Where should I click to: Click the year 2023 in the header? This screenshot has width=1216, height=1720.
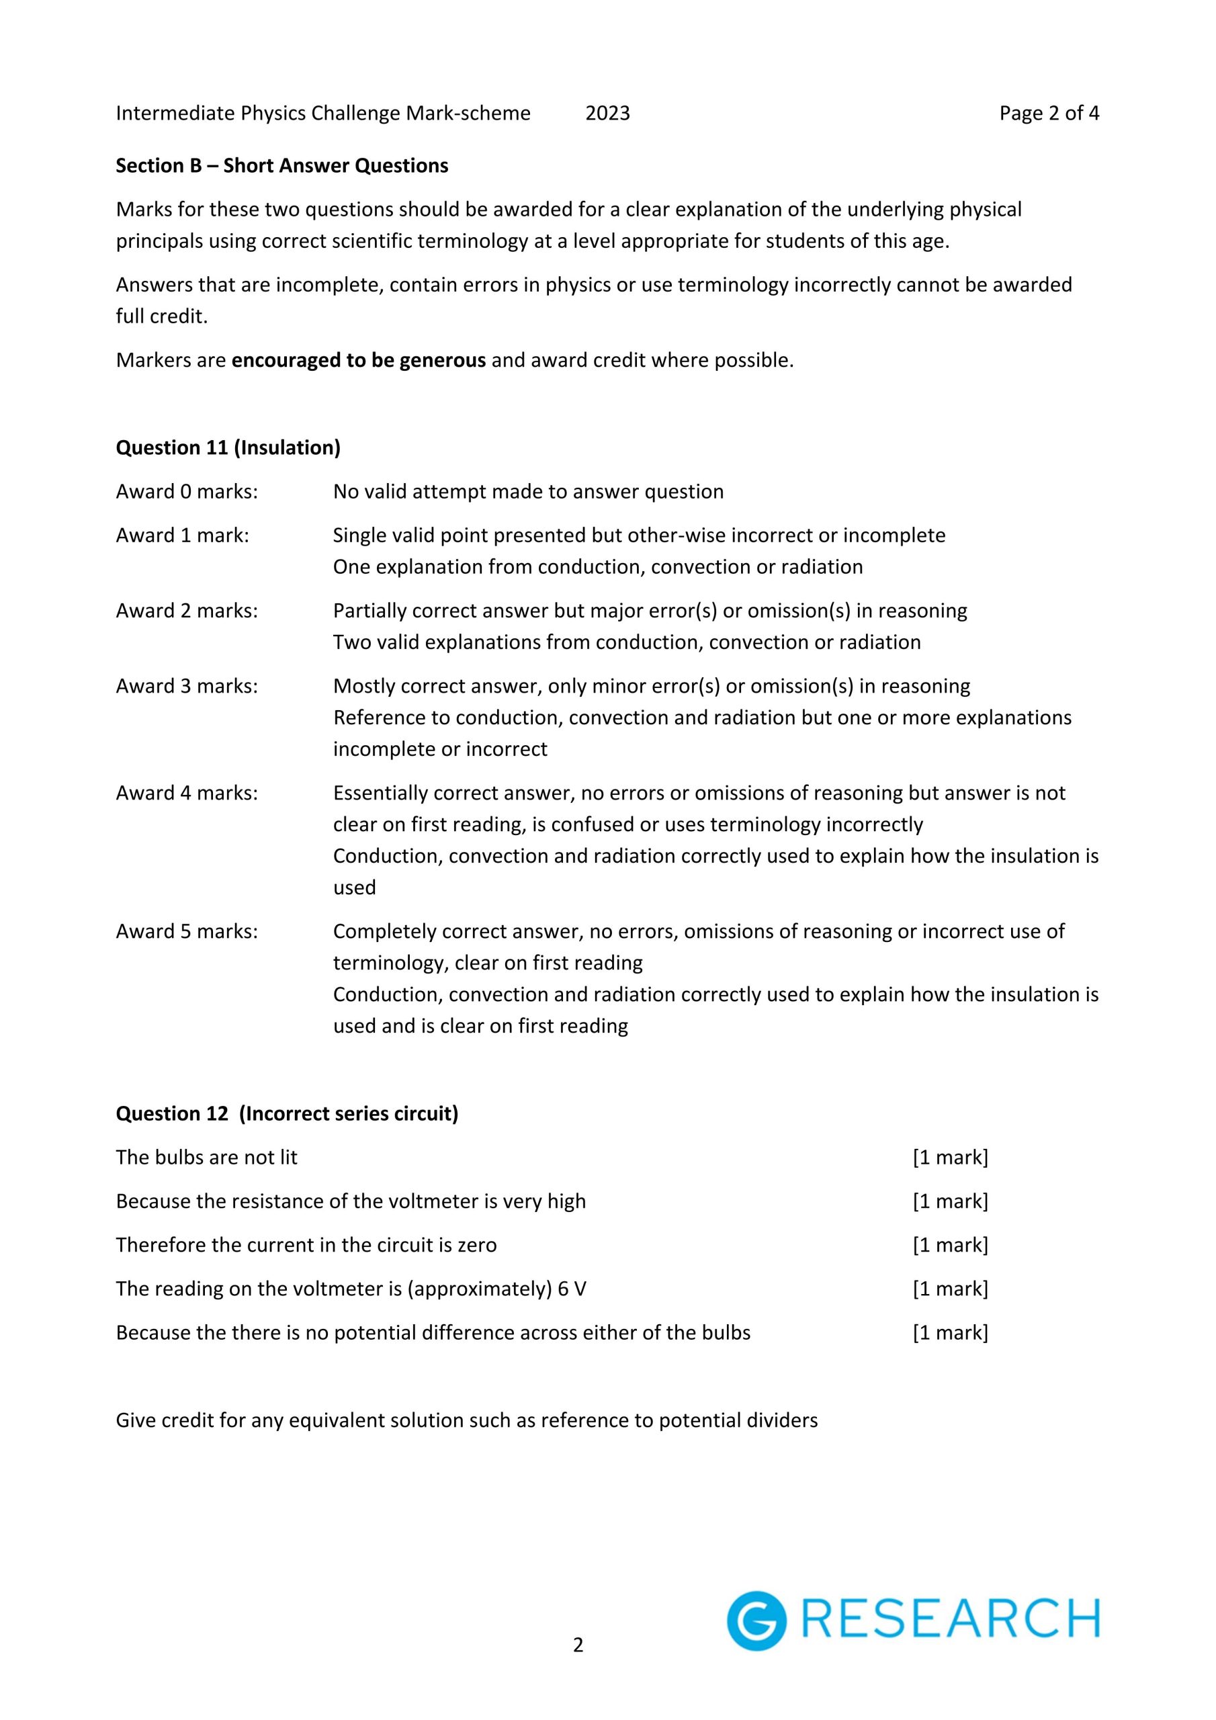607,113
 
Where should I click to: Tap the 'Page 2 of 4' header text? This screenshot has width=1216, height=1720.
1049,113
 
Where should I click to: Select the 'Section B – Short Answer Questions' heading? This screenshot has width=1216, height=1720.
281,165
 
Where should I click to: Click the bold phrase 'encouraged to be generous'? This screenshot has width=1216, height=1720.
359,360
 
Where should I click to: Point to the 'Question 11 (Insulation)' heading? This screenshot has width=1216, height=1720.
228,448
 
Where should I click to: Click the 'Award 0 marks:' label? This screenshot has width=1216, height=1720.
187,491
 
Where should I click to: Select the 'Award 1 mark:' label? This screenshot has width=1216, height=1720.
182,535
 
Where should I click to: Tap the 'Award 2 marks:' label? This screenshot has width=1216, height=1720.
187,611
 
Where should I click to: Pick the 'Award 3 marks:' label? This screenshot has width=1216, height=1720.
187,686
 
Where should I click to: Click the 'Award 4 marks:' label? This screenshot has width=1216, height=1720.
187,793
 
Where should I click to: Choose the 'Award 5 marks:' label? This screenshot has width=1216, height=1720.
187,931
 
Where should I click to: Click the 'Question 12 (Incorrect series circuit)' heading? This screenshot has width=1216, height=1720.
287,1114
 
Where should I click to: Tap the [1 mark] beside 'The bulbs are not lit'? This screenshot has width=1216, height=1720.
950,1158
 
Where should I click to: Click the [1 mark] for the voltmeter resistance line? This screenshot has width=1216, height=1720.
950,1201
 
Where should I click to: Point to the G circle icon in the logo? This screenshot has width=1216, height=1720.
756,1621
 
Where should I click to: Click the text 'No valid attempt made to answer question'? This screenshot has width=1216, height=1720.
528,491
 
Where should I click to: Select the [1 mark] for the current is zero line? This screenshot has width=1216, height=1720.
950,1245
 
